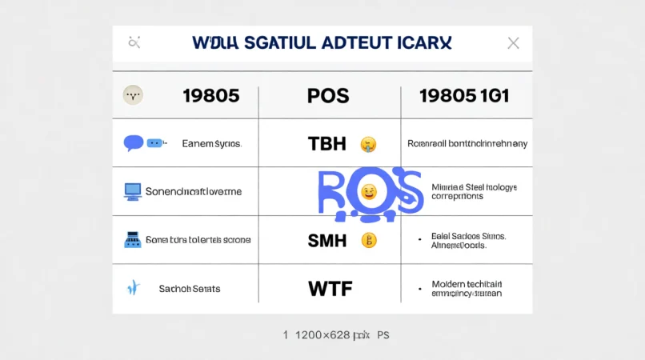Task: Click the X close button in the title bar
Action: [513, 43]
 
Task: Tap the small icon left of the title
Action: [134, 42]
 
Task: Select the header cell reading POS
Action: [328, 96]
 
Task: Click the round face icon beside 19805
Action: [133, 95]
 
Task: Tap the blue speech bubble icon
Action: [134, 143]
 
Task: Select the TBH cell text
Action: [327, 144]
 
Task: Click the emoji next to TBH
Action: [368, 145]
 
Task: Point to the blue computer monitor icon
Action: [133, 191]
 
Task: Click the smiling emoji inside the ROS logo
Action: [368, 192]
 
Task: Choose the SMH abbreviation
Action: [327, 239]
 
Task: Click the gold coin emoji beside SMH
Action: [368, 239]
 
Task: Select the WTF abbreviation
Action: [330, 288]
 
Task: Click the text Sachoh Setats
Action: [190, 288]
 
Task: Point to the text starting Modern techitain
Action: [467, 289]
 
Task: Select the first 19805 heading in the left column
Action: [211, 96]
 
